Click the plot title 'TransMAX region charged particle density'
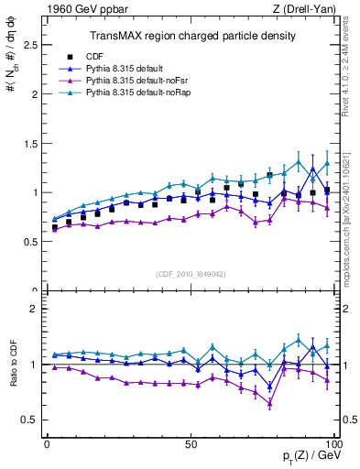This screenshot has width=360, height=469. tap(191, 36)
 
